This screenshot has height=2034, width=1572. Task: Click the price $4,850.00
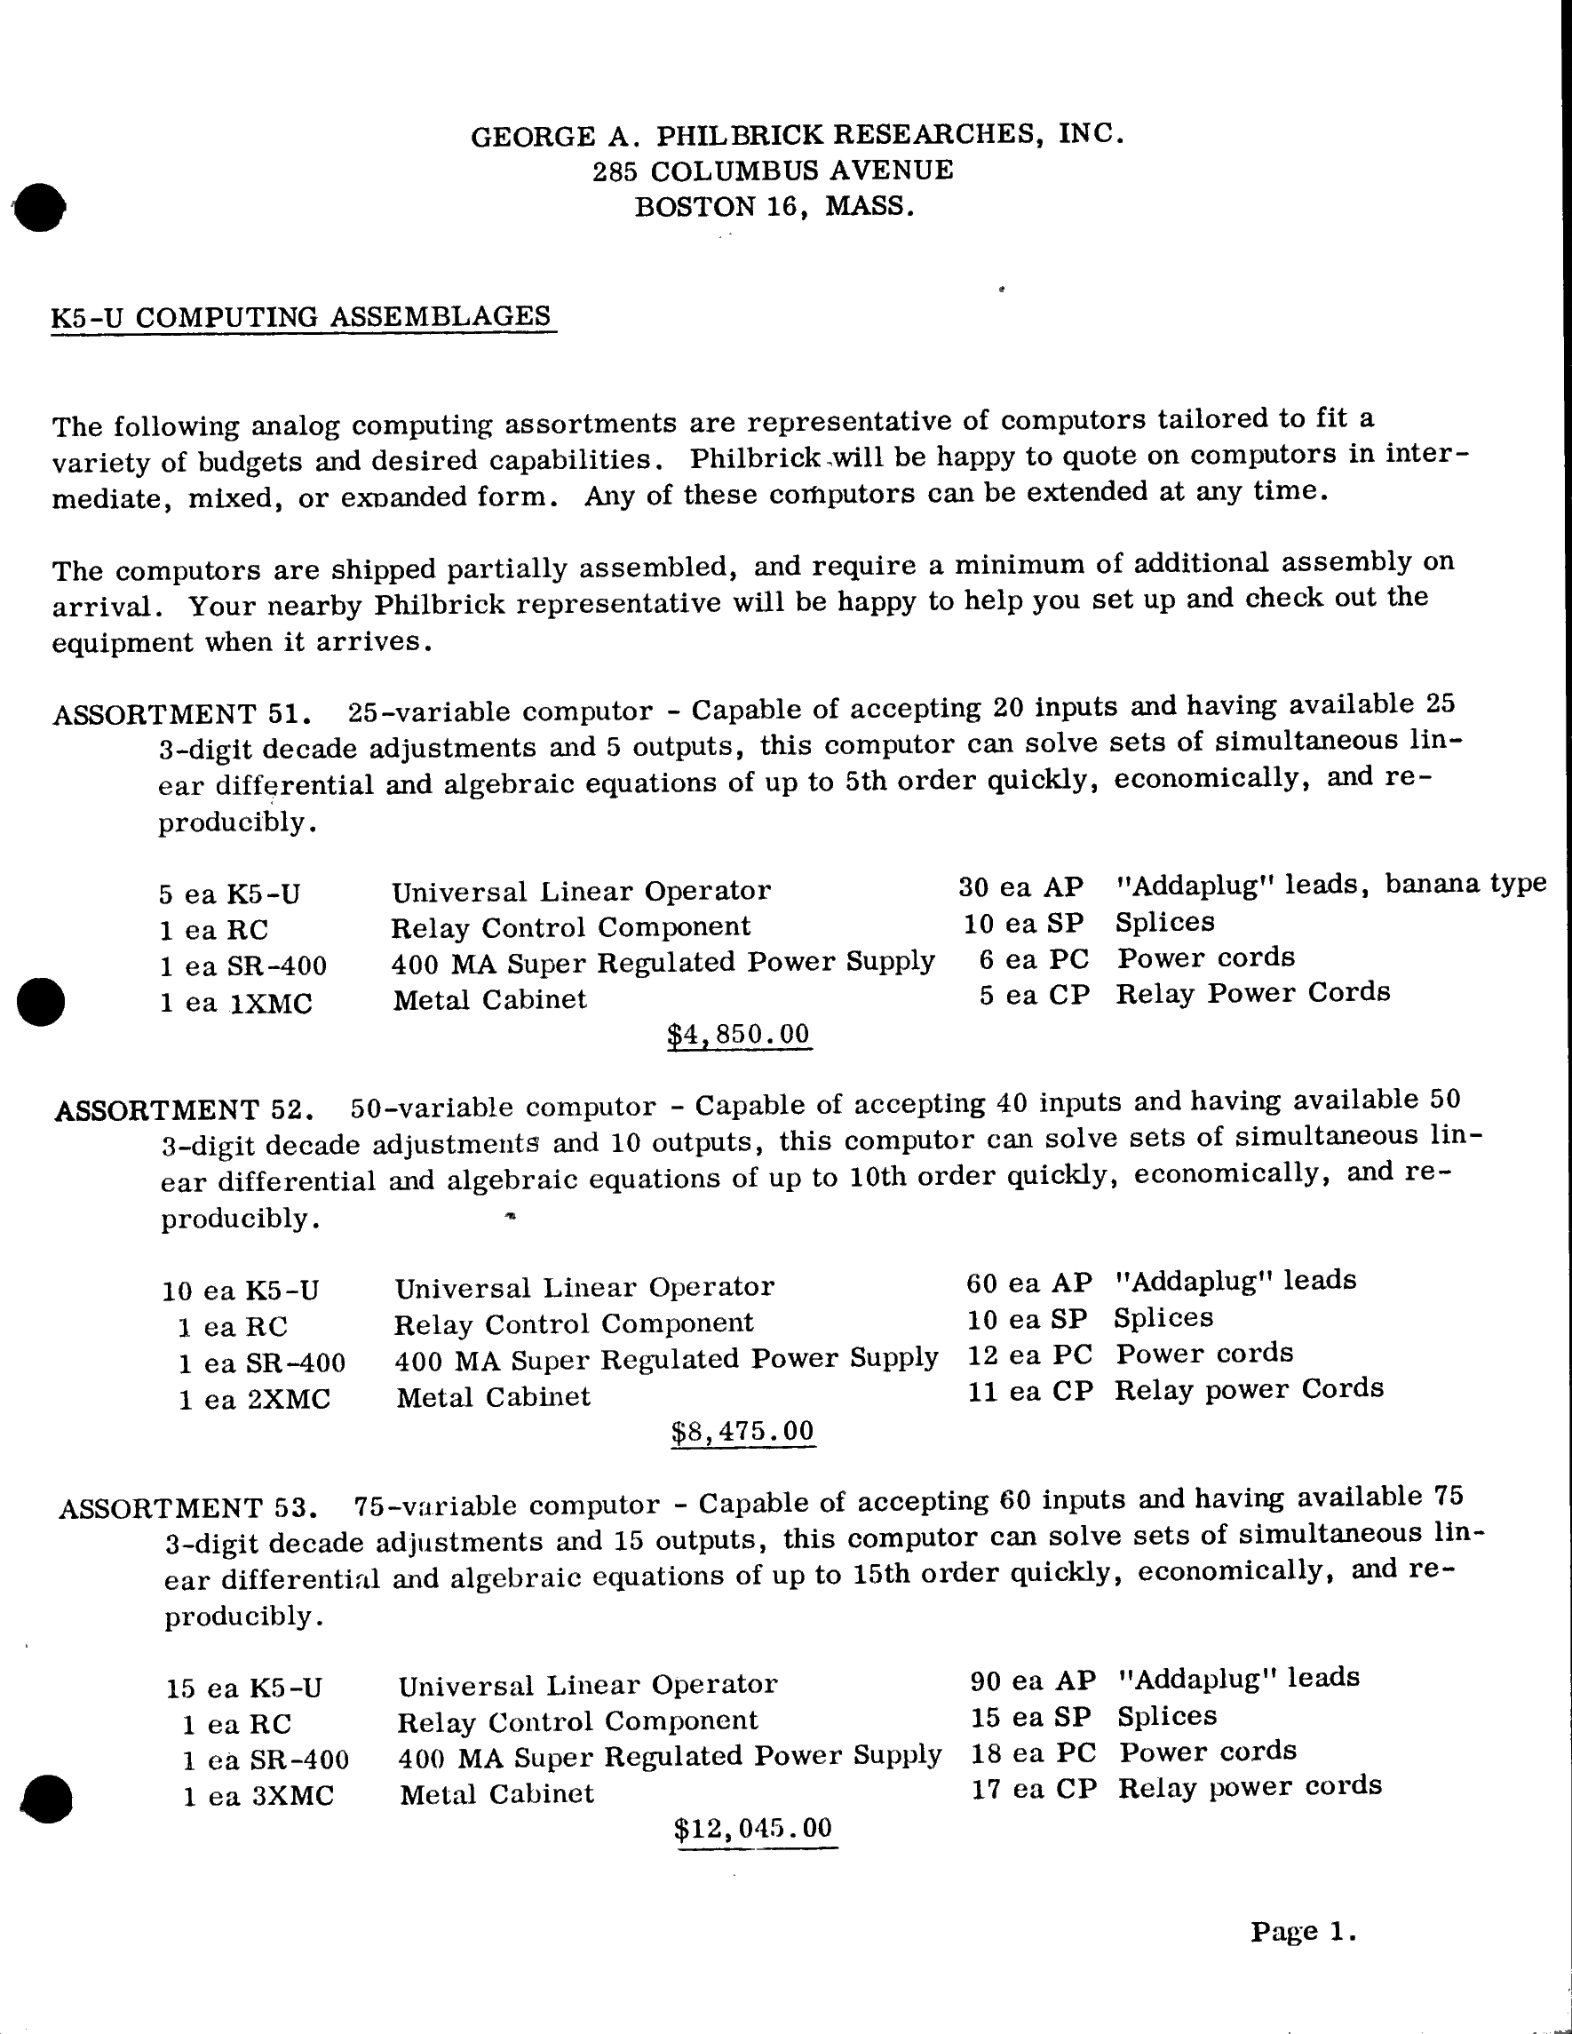pos(739,1034)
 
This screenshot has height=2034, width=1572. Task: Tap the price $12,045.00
pos(753,1827)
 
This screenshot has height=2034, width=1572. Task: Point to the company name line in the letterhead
pos(798,135)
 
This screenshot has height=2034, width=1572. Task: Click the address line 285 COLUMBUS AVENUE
pos(773,171)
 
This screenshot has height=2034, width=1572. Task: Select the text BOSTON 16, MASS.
pos(774,206)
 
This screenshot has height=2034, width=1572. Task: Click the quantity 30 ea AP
pos(1020,886)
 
